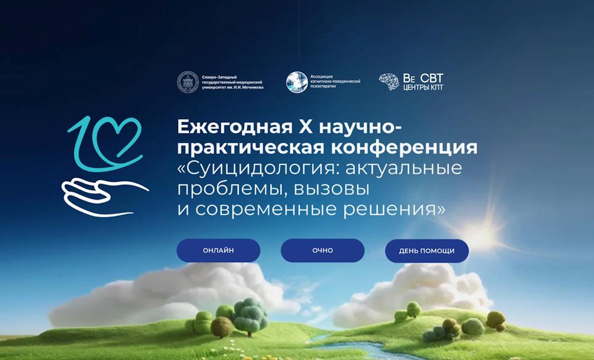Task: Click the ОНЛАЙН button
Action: (x=218, y=251)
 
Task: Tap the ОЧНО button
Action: (x=323, y=251)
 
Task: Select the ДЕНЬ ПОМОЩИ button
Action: (x=426, y=251)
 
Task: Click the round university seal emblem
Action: (x=188, y=82)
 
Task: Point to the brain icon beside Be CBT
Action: (x=389, y=82)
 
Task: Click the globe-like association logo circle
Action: (x=297, y=82)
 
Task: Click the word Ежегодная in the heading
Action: (x=235, y=127)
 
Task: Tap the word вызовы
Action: (x=331, y=189)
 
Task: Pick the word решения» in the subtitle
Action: (x=394, y=209)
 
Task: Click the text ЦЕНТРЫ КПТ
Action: (x=423, y=88)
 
